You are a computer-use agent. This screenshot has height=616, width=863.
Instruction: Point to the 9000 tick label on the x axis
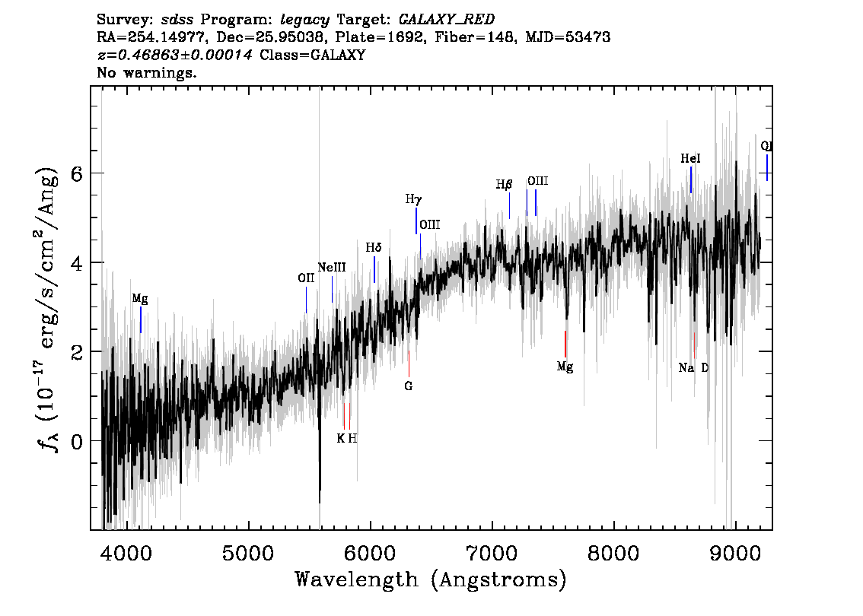tap(734, 554)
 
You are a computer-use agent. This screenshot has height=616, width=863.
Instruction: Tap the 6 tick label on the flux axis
tap(77, 174)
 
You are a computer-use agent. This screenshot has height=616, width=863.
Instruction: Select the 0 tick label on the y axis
tap(77, 441)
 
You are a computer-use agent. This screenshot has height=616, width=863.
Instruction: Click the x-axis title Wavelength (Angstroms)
tap(431, 579)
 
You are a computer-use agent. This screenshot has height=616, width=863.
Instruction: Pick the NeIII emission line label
tap(332, 267)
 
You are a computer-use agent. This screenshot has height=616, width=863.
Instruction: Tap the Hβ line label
tap(504, 184)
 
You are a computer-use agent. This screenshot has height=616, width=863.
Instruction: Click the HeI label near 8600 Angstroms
tap(691, 158)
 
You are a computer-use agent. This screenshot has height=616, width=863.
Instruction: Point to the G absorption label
tap(409, 386)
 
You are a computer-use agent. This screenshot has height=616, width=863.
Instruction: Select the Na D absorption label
tap(693, 368)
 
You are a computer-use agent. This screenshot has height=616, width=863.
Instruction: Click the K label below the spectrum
tap(341, 438)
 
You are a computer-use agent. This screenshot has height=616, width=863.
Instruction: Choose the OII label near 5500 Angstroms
tap(306, 278)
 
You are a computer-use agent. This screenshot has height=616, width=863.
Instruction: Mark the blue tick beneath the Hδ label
tap(374, 269)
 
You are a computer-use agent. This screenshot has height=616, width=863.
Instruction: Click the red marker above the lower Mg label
tap(565, 345)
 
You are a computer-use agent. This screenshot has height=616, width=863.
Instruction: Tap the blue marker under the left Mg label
tap(141, 319)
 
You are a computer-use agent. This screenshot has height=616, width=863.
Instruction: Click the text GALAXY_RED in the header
tap(447, 20)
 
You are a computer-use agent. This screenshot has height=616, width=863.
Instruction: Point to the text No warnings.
tap(146, 72)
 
